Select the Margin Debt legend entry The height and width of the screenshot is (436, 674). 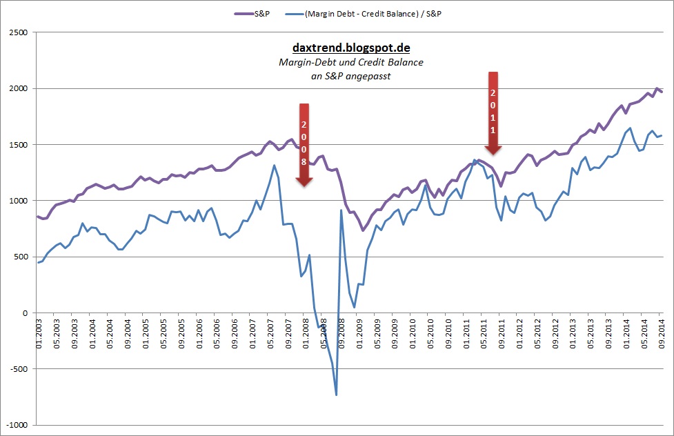coord(373,13)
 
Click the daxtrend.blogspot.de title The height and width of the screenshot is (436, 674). coord(351,48)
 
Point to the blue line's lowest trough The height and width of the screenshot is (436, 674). coord(336,395)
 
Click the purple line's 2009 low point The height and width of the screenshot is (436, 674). coord(363,230)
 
